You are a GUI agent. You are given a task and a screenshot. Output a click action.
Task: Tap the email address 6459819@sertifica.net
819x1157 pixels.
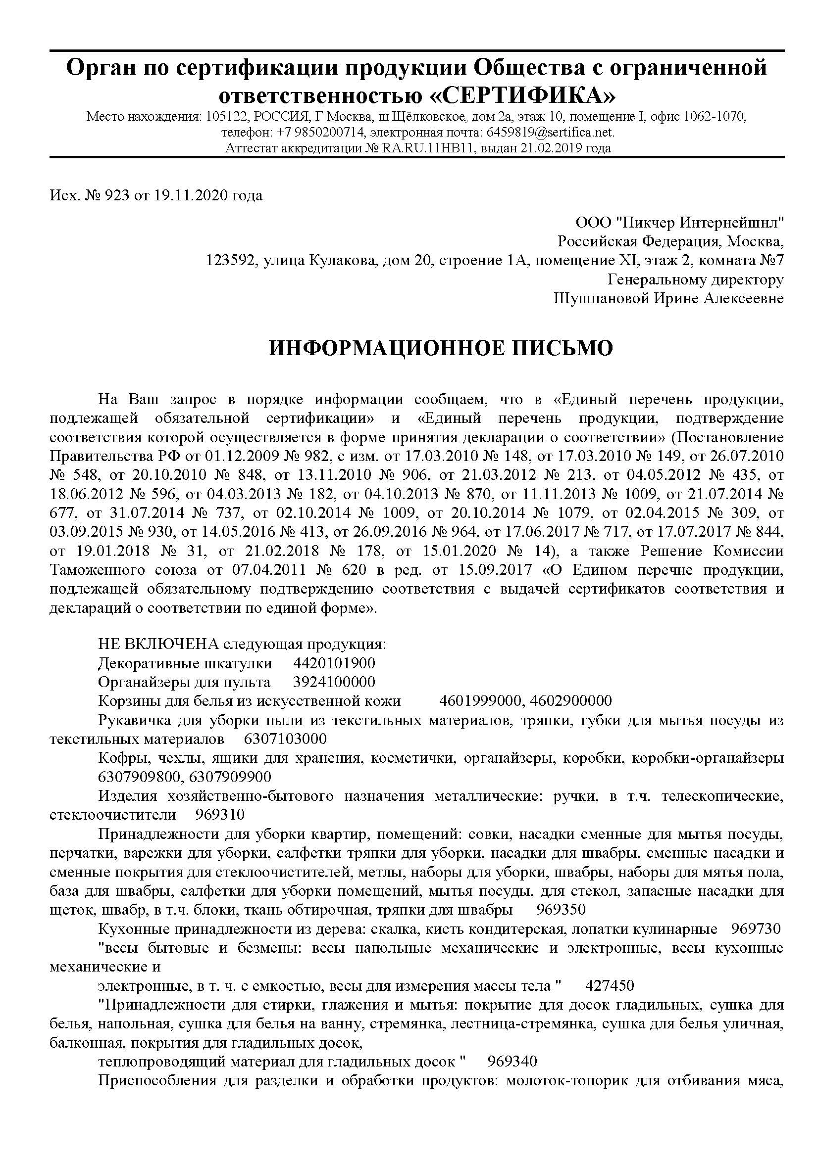click(x=550, y=133)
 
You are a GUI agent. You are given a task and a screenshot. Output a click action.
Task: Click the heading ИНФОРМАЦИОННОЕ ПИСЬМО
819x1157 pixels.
click(x=441, y=349)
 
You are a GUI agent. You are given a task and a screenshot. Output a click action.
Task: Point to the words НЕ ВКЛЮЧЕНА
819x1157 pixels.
click(x=158, y=645)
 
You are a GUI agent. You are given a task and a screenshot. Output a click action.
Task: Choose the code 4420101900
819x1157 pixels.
click(x=334, y=663)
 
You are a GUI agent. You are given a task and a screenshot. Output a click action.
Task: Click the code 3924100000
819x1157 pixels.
click(x=334, y=682)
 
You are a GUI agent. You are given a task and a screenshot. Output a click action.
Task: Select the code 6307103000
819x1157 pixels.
click(x=285, y=739)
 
